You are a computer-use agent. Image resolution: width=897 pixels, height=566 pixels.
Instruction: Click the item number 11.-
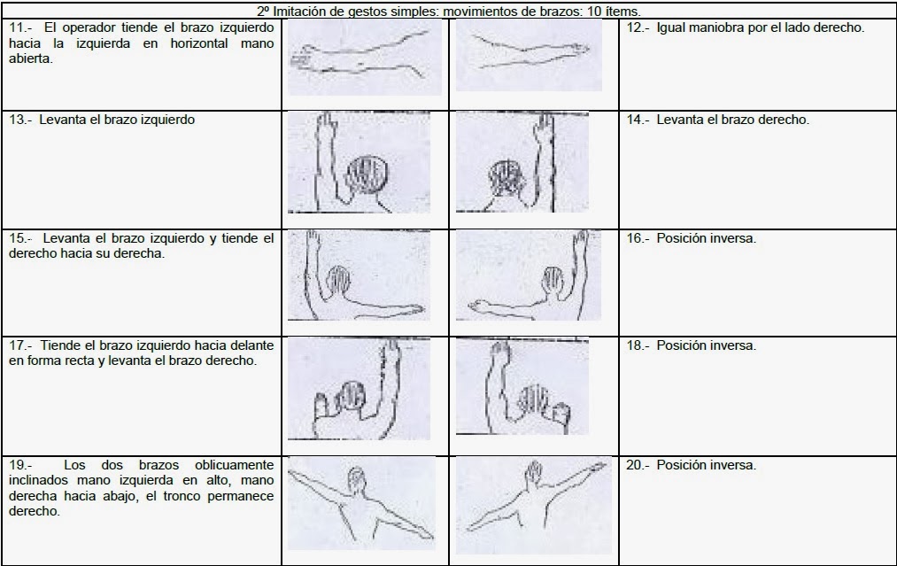click(x=20, y=27)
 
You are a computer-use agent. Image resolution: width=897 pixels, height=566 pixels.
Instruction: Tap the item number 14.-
click(x=638, y=120)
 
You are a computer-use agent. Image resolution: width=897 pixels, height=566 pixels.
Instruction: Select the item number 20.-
click(x=638, y=465)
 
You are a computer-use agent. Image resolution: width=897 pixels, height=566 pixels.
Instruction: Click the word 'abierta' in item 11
click(x=30, y=58)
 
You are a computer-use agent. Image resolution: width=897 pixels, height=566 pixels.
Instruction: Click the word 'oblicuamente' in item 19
click(x=234, y=465)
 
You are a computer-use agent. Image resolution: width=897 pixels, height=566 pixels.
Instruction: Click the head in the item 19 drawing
click(x=356, y=481)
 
